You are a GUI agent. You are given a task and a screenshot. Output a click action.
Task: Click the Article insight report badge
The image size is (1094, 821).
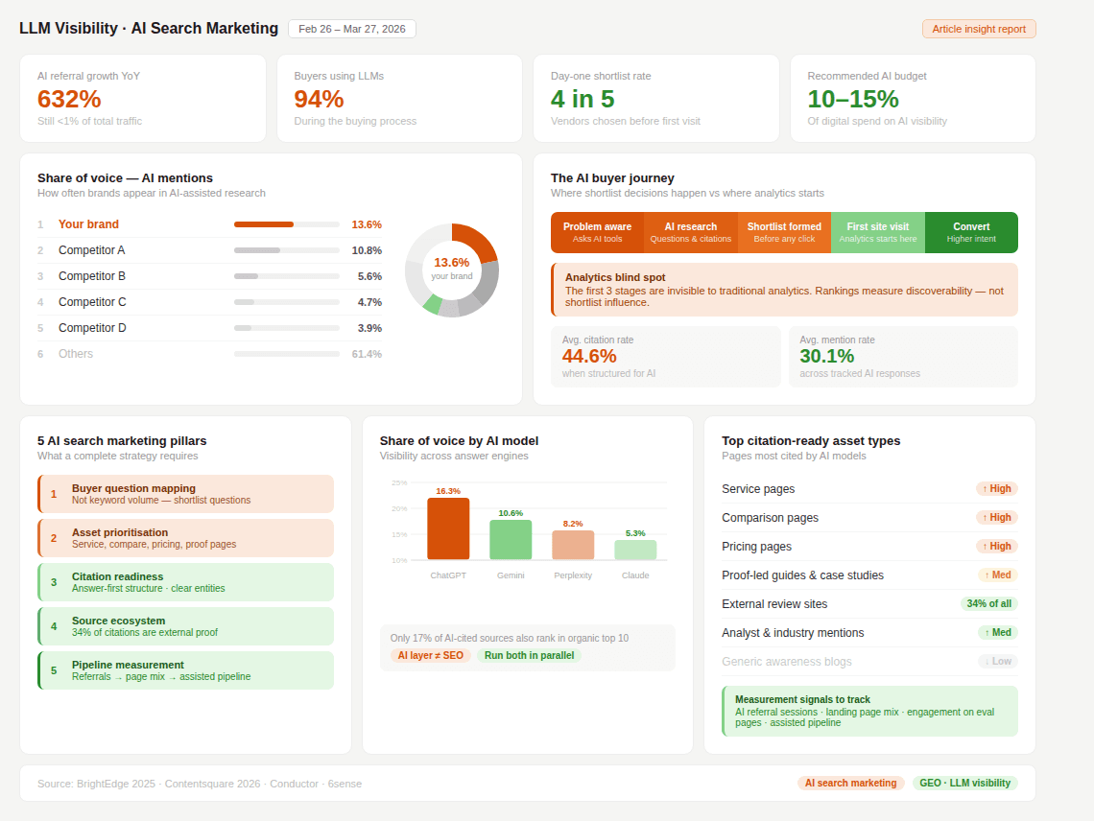click(979, 29)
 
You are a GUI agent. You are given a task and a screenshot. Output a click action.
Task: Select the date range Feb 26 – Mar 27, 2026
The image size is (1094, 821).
click(352, 29)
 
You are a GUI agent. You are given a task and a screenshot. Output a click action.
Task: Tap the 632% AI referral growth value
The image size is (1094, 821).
click(69, 99)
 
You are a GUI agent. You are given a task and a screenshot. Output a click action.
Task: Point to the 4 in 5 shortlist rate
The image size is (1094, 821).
click(583, 99)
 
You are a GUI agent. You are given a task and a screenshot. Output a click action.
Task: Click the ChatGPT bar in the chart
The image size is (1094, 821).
click(448, 528)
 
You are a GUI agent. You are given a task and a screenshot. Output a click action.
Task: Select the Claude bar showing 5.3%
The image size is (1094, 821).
click(635, 550)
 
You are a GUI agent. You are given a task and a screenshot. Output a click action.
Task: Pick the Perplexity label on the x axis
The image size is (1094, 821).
click(573, 575)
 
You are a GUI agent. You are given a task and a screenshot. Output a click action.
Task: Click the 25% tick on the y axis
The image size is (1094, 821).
click(399, 482)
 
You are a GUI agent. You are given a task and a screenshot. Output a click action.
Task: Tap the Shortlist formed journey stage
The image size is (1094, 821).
click(784, 232)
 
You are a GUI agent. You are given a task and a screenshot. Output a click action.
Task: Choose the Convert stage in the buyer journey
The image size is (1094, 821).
click(971, 232)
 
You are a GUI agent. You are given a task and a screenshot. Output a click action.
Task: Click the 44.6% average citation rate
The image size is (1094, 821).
click(589, 356)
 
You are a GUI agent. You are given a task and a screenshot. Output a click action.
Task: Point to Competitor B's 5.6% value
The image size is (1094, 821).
click(369, 276)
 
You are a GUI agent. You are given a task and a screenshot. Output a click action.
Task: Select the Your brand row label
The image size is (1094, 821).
click(88, 224)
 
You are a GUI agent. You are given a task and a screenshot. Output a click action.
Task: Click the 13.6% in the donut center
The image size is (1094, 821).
click(452, 262)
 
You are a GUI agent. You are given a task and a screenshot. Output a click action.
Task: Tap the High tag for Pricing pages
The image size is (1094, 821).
click(997, 546)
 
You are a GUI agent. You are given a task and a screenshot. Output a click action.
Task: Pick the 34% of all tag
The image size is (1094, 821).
click(988, 603)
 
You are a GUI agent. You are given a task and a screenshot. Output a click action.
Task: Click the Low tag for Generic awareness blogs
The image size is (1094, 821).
click(997, 661)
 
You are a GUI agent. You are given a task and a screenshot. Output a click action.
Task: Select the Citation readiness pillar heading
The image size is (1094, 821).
click(118, 576)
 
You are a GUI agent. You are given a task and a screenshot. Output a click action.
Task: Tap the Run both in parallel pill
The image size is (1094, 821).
click(529, 655)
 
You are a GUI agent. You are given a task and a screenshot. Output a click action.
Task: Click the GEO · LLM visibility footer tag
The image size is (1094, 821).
click(964, 783)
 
